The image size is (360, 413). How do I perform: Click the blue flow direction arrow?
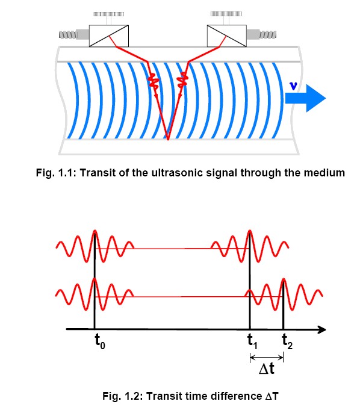tap(305, 98)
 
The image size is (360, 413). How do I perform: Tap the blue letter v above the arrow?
tap(293, 86)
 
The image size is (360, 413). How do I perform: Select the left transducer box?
tap(109, 36)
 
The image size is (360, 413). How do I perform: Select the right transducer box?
tap(227, 36)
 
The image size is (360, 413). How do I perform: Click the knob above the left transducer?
tap(108, 14)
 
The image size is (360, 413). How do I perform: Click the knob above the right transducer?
tap(226, 14)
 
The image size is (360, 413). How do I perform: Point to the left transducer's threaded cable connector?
tap(74, 35)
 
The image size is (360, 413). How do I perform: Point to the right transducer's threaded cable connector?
tap(261, 34)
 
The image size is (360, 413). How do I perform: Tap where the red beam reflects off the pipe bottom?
tap(168, 139)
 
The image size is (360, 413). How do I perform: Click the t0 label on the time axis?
tap(100, 341)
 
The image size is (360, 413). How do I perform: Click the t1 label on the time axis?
tap(253, 341)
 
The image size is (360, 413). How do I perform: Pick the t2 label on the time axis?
tap(287, 341)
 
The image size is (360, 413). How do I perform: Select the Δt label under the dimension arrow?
tap(267, 368)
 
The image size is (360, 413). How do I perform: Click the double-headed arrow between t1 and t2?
tap(267, 358)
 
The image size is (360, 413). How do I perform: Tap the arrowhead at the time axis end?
tap(321, 329)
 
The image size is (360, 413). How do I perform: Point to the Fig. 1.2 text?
tap(122, 396)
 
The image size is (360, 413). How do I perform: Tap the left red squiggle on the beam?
tap(154, 81)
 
